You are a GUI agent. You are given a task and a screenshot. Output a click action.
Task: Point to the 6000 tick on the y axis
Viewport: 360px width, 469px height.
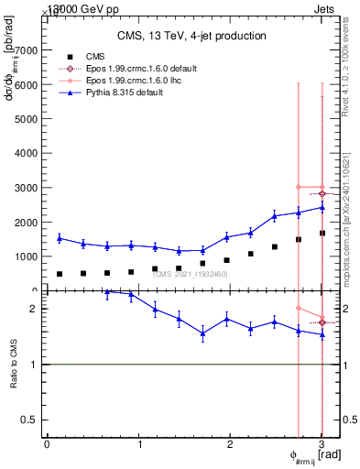click(27, 84)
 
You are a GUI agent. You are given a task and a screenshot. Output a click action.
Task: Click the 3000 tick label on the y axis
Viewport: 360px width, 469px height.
click(27, 188)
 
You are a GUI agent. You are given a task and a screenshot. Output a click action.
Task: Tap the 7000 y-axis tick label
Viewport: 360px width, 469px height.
click(27, 50)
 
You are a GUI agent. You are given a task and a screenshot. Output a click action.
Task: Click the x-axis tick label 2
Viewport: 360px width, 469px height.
click(231, 444)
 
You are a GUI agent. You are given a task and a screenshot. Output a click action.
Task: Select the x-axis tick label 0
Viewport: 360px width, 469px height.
click(47, 444)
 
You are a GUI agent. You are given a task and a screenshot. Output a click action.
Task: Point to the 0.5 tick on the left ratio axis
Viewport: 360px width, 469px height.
click(30, 420)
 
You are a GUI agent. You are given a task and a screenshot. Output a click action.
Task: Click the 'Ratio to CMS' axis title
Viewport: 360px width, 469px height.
click(12, 378)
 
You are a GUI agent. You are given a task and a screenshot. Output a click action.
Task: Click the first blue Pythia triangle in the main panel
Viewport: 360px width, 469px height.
click(60, 238)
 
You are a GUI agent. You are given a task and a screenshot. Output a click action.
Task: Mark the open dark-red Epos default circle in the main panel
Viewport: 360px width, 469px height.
click(322, 193)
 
